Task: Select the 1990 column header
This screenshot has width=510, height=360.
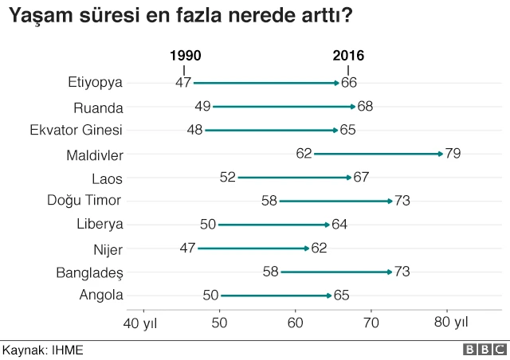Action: coord(185,56)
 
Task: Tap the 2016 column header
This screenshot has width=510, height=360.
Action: coord(348,56)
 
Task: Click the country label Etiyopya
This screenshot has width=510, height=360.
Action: coord(96,82)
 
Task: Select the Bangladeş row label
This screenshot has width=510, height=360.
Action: coord(89,272)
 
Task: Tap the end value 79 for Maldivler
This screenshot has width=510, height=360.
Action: coord(453,154)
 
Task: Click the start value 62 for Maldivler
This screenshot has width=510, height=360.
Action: coord(304,154)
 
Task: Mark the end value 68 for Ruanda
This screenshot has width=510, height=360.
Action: coord(365,106)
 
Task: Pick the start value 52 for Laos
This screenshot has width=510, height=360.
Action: coord(227,177)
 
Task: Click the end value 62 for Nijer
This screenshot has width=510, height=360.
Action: coord(319,248)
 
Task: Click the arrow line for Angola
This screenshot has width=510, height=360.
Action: coord(275,295)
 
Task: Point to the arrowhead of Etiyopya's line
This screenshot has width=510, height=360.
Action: coord(337,82)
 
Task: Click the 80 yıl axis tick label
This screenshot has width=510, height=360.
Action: coord(451,323)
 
